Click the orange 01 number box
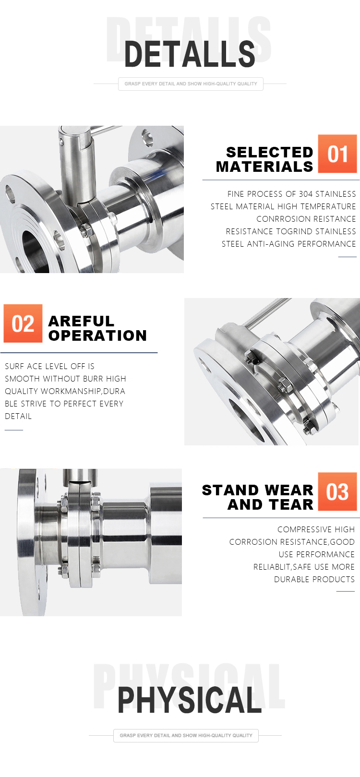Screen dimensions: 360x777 click(337, 154)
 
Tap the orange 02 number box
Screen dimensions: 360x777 click(23, 323)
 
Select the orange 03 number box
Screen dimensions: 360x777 click(337, 491)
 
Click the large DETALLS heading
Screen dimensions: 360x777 click(190, 54)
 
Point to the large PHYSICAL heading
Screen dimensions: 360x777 click(190, 700)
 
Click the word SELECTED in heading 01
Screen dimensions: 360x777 click(269, 152)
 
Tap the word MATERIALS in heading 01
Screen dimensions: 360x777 click(264, 167)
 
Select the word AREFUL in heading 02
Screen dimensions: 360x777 click(82, 321)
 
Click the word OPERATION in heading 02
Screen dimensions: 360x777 click(97, 336)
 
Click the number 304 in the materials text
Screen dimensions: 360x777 click(306, 194)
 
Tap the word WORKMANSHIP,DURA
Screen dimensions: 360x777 click(83, 391)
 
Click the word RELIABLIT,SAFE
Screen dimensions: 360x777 click(282, 567)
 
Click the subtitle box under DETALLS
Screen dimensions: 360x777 click(191, 84)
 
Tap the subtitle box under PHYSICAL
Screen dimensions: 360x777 click(186, 735)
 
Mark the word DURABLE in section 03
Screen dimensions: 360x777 click(290, 579)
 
